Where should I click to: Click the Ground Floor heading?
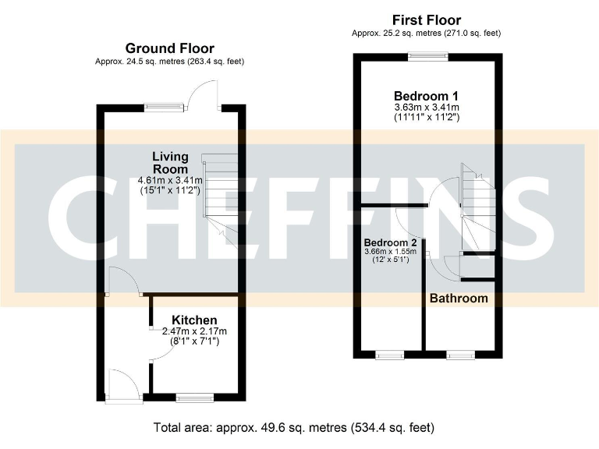[169, 48]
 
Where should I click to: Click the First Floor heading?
[426, 19]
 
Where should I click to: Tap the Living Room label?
[170, 162]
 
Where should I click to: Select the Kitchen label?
[194, 320]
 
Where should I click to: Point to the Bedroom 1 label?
[425, 95]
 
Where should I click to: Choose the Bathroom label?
[459, 298]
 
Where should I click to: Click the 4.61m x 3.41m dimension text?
[170, 181]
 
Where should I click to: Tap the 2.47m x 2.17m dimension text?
[194, 331]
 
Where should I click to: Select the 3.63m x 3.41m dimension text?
[425, 107]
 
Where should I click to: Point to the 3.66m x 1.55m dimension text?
[390, 252]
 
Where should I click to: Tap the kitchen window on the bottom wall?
[194, 398]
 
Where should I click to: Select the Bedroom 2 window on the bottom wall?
[390, 355]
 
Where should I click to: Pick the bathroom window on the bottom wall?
[460, 355]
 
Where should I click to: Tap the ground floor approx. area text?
[169, 62]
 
